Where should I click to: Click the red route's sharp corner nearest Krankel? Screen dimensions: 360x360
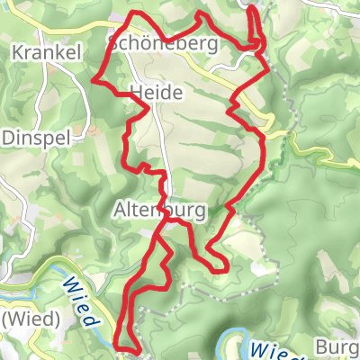pyautogui.click(x=94, y=79)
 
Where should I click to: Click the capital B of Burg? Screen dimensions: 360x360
pyautogui.click(x=320, y=346)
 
